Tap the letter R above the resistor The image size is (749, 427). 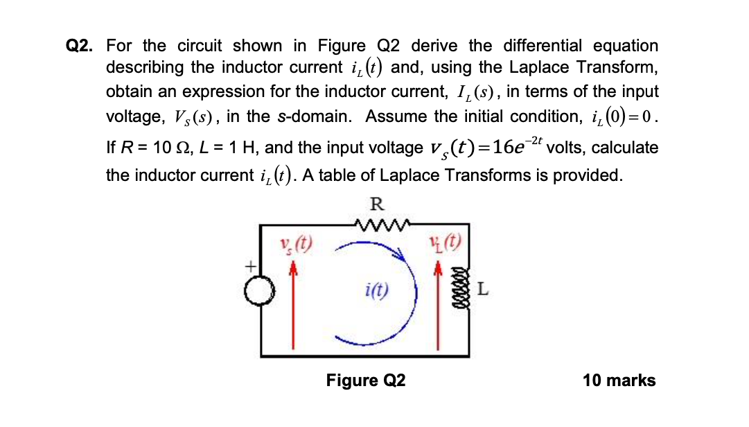[x=376, y=204]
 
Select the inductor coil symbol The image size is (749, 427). [x=456, y=290]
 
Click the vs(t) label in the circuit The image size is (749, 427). [x=294, y=244]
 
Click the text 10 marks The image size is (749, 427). [x=619, y=381]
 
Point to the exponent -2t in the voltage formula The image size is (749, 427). [x=532, y=140]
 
